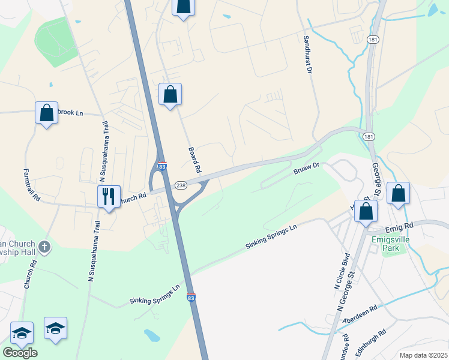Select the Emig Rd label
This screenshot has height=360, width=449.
[400, 226]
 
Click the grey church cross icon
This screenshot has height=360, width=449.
[44, 246]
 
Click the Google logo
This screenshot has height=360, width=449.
[20, 352]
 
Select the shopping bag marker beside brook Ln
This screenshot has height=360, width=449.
[46, 113]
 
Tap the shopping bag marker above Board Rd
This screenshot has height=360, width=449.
[170, 94]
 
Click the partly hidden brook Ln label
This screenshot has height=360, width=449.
[72, 113]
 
